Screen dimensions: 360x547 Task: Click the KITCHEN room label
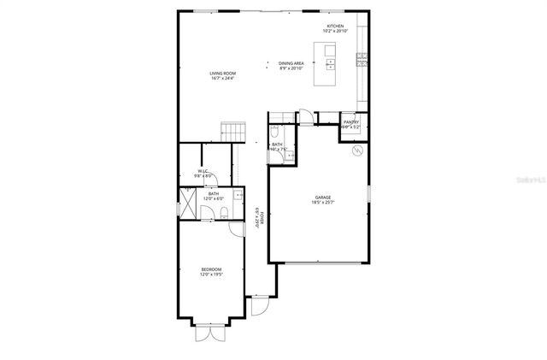(x=335, y=27)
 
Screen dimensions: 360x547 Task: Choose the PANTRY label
(x=350, y=122)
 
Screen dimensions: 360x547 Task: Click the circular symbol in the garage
(x=357, y=150)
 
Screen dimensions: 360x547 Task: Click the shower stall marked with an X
(x=187, y=205)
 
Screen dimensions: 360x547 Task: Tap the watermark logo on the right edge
(x=528, y=180)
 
